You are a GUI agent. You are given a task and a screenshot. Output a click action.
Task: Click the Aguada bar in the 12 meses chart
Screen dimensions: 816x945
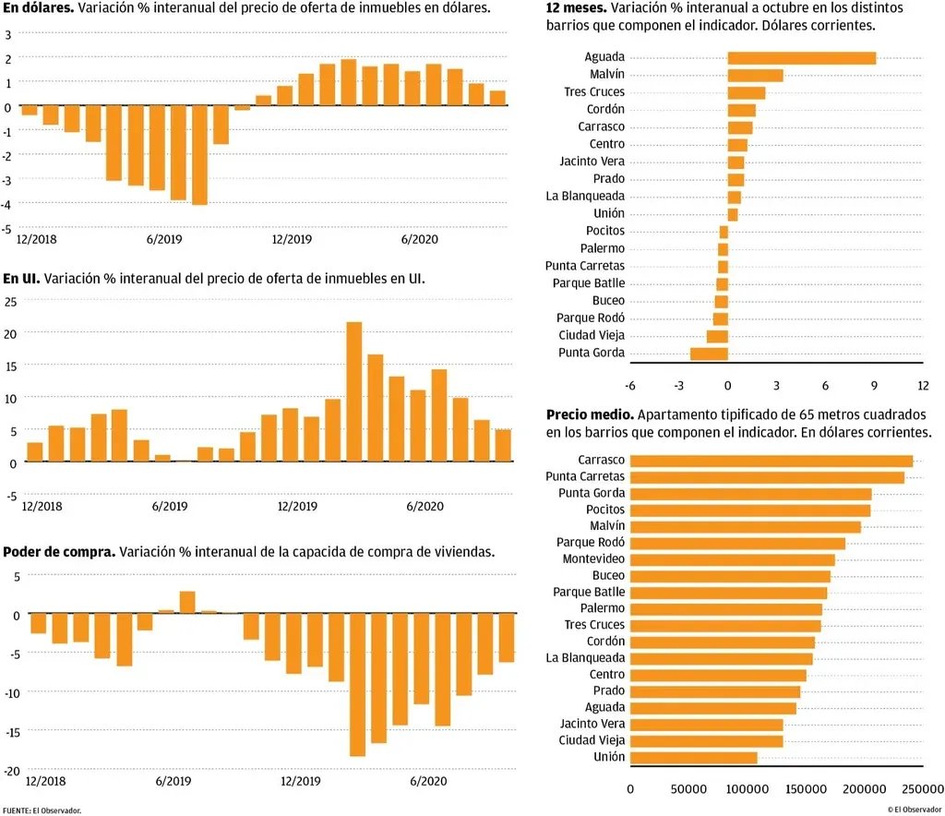[x=801, y=58]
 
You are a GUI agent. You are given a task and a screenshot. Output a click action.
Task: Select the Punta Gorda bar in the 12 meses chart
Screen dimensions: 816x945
[x=709, y=354]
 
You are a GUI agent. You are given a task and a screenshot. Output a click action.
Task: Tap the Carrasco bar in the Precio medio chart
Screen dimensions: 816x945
[x=771, y=461]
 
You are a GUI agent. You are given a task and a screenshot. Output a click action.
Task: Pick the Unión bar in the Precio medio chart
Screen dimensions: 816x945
[x=693, y=758]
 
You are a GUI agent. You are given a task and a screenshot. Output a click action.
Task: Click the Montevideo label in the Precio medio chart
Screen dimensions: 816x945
[x=593, y=559]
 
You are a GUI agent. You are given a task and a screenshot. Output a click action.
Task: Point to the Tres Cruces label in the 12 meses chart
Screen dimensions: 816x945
[x=594, y=92]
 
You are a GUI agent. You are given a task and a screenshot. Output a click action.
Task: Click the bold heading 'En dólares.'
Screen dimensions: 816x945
[x=37, y=7]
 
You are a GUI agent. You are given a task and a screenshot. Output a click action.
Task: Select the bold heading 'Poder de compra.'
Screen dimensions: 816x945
[x=59, y=552]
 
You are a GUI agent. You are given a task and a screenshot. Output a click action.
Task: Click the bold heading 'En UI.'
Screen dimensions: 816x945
[x=21, y=278]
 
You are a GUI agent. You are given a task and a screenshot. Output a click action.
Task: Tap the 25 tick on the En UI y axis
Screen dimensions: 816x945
[x=11, y=301]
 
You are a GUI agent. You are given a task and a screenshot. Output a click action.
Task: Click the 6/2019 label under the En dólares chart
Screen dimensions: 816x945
[x=164, y=239]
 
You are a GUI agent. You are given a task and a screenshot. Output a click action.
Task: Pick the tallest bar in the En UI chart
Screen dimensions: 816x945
[x=353, y=391]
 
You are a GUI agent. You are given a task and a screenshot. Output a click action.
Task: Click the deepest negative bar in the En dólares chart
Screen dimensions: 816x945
[x=199, y=155]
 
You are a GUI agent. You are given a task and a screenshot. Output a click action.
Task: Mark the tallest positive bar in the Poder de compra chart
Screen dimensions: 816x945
[x=187, y=602]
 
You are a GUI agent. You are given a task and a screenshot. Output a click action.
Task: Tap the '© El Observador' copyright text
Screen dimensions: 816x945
[x=915, y=810]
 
